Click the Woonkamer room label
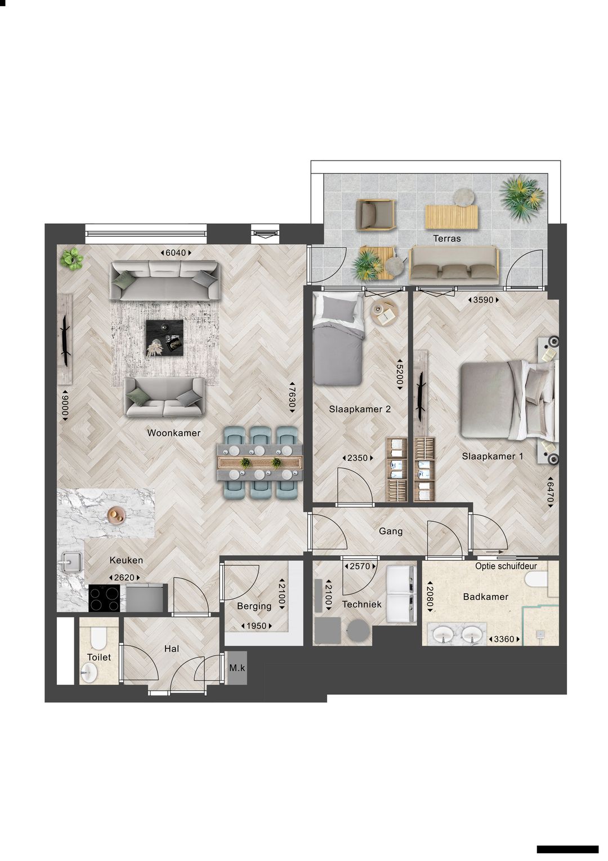[x=173, y=433]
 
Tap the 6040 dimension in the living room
[x=175, y=253]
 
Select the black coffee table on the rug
[x=164, y=338]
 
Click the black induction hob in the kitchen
[x=105, y=598]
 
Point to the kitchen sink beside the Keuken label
[x=71, y=562]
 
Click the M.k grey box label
[x=237, y=668]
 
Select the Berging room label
[x=254, y=606]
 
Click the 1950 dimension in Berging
[x=257, y=626]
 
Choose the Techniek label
[x=361, y=604]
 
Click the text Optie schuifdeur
[x=506, y=566]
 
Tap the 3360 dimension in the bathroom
[x=504, y=640]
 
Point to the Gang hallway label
[x=390, y=531]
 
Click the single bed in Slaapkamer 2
[x=337, y=349]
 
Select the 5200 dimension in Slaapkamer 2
[x=399, y=373]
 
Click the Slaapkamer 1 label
[x=492, y=456]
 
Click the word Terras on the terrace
[x=446, y=238]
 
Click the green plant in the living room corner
[x=72, y=259]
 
